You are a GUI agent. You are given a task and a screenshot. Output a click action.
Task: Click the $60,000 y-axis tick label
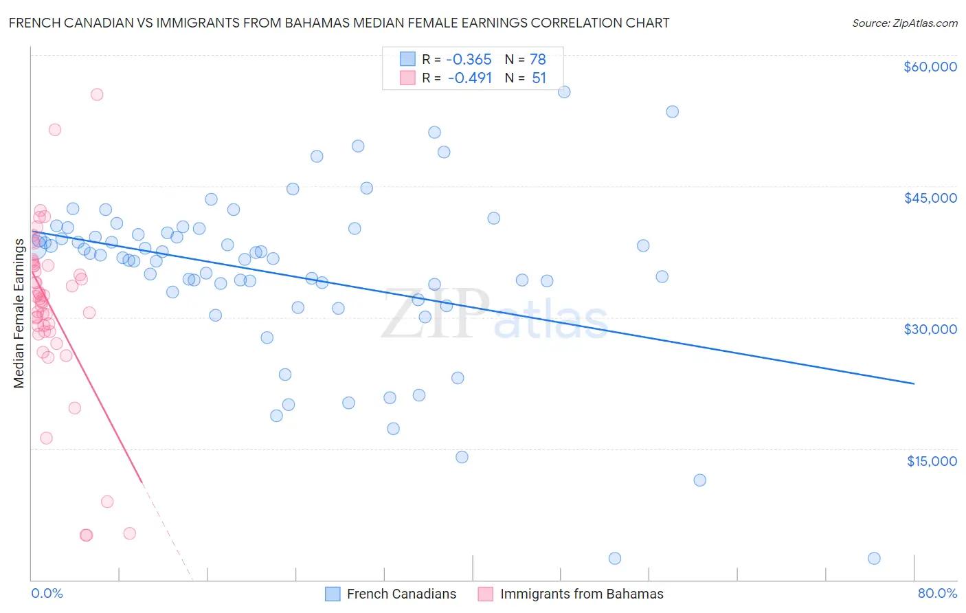tap(930, 67)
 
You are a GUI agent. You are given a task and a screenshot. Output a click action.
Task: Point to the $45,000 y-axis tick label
tap(930, 198)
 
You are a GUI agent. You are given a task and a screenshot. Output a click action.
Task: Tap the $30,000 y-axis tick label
tap(930, 329)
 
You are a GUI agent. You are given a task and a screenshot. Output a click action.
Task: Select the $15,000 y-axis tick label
tap(931, 461)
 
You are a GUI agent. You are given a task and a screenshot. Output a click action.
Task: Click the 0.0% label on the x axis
tap(47, 593)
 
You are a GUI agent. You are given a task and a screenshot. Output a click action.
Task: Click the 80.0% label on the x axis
tap(937, 593)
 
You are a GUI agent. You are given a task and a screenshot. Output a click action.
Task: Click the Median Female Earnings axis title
tap(19, 313)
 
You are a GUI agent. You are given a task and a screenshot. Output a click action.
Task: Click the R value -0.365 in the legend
tap(469, 60)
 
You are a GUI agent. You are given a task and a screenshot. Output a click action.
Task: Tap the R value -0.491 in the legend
tap(469, 78)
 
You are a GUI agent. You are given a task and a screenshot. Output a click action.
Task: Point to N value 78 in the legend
tap(537, 60)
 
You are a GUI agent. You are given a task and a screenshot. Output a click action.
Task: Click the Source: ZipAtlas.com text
tap(904, 23)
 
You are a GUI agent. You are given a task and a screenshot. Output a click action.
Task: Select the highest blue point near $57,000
tap(564, 92)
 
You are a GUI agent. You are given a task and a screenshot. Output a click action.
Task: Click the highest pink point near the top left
tap(97, 95)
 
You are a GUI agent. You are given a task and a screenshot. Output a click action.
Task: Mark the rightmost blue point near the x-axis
tap(874, 558)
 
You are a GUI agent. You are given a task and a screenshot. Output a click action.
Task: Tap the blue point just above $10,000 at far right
tap(699, 480)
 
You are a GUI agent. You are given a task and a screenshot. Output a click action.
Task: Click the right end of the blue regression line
tap(914, 383)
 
